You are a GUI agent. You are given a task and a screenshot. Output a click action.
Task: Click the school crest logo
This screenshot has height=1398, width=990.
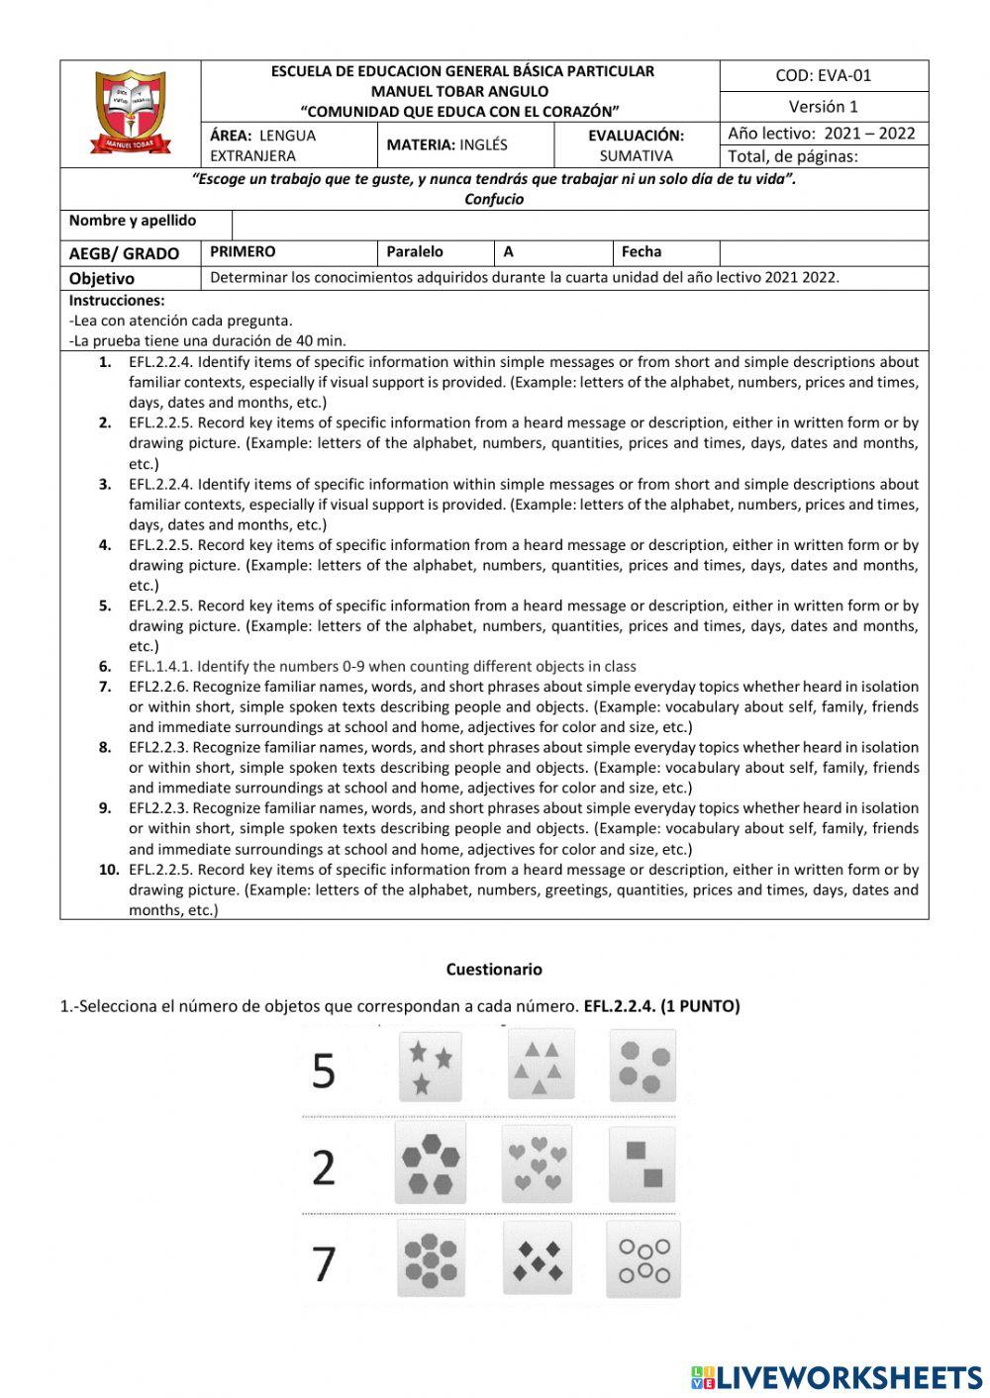(131, 112)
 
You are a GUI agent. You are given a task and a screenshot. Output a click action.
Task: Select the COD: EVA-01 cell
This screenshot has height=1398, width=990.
(823, 75)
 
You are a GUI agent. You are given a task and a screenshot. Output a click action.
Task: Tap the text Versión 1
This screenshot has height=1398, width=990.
(823, 107)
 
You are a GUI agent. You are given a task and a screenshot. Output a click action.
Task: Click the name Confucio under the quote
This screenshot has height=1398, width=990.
(494, 199)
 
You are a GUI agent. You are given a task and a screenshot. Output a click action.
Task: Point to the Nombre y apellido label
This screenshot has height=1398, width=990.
(133, 221)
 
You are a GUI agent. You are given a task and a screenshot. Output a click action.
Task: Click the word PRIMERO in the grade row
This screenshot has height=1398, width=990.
(243, 252)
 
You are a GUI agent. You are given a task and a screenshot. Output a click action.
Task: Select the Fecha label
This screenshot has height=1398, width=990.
(641, 252)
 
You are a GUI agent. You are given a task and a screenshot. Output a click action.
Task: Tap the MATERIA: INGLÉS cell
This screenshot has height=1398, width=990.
(446, 144)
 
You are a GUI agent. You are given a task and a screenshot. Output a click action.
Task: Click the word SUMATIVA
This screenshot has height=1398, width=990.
(636, 156)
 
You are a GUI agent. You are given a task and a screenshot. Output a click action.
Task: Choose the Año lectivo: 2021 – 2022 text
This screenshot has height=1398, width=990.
(822, 134)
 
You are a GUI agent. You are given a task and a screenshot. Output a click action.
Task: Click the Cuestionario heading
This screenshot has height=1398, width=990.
(494, 970)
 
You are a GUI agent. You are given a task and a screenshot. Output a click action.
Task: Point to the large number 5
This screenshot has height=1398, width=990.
(324, 1071)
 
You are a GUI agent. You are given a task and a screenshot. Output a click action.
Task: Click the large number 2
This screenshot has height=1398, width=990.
(324, 1167)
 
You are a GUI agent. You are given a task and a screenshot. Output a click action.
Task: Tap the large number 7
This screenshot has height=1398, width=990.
(324, 1263)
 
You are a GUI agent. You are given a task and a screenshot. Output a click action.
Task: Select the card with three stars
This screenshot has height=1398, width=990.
(431, 1067)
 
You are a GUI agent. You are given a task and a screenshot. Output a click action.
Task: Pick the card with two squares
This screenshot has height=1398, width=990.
(643, 1164)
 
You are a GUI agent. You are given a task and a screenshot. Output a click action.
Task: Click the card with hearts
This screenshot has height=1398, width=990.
(538, 1164)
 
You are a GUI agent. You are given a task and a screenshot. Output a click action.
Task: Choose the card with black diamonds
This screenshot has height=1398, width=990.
(538, 1258)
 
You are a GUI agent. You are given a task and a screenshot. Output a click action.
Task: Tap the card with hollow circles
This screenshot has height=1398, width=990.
(643, 1258)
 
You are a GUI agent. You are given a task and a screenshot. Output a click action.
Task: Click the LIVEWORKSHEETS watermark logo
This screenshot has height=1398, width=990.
(837, 1377)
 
